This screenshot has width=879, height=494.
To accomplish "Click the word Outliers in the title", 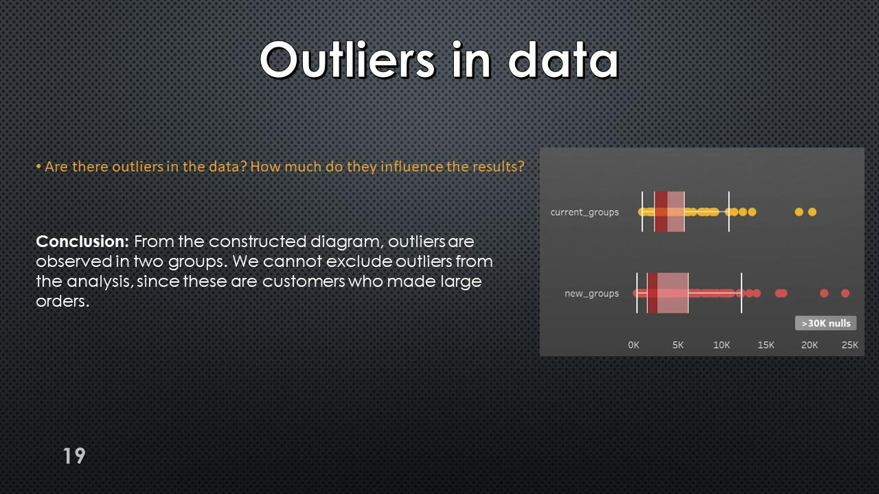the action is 347,60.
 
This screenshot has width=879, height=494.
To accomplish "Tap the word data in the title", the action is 564,60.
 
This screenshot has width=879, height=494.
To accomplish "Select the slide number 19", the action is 74,456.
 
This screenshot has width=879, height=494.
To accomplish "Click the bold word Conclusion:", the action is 82,242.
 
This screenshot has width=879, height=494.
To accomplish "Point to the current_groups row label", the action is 584,212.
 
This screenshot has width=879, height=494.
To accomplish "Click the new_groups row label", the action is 592,294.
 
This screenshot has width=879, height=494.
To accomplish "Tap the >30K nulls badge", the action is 825,323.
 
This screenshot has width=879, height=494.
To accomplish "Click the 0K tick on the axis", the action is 633,345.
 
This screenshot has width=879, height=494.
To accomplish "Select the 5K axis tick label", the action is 678,345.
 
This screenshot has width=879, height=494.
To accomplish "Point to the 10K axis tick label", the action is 721,345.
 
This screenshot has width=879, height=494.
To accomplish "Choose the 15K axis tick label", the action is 766,345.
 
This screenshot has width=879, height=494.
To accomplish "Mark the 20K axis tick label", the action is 810,345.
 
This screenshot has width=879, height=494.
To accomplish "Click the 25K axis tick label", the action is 850,345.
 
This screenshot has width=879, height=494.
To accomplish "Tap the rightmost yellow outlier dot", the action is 812,212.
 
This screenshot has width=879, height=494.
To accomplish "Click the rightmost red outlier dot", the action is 845,293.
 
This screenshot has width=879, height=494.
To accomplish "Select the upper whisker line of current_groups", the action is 729,212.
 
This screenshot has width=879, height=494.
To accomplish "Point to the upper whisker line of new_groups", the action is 742,293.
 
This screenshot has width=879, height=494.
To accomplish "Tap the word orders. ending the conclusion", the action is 62,301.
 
